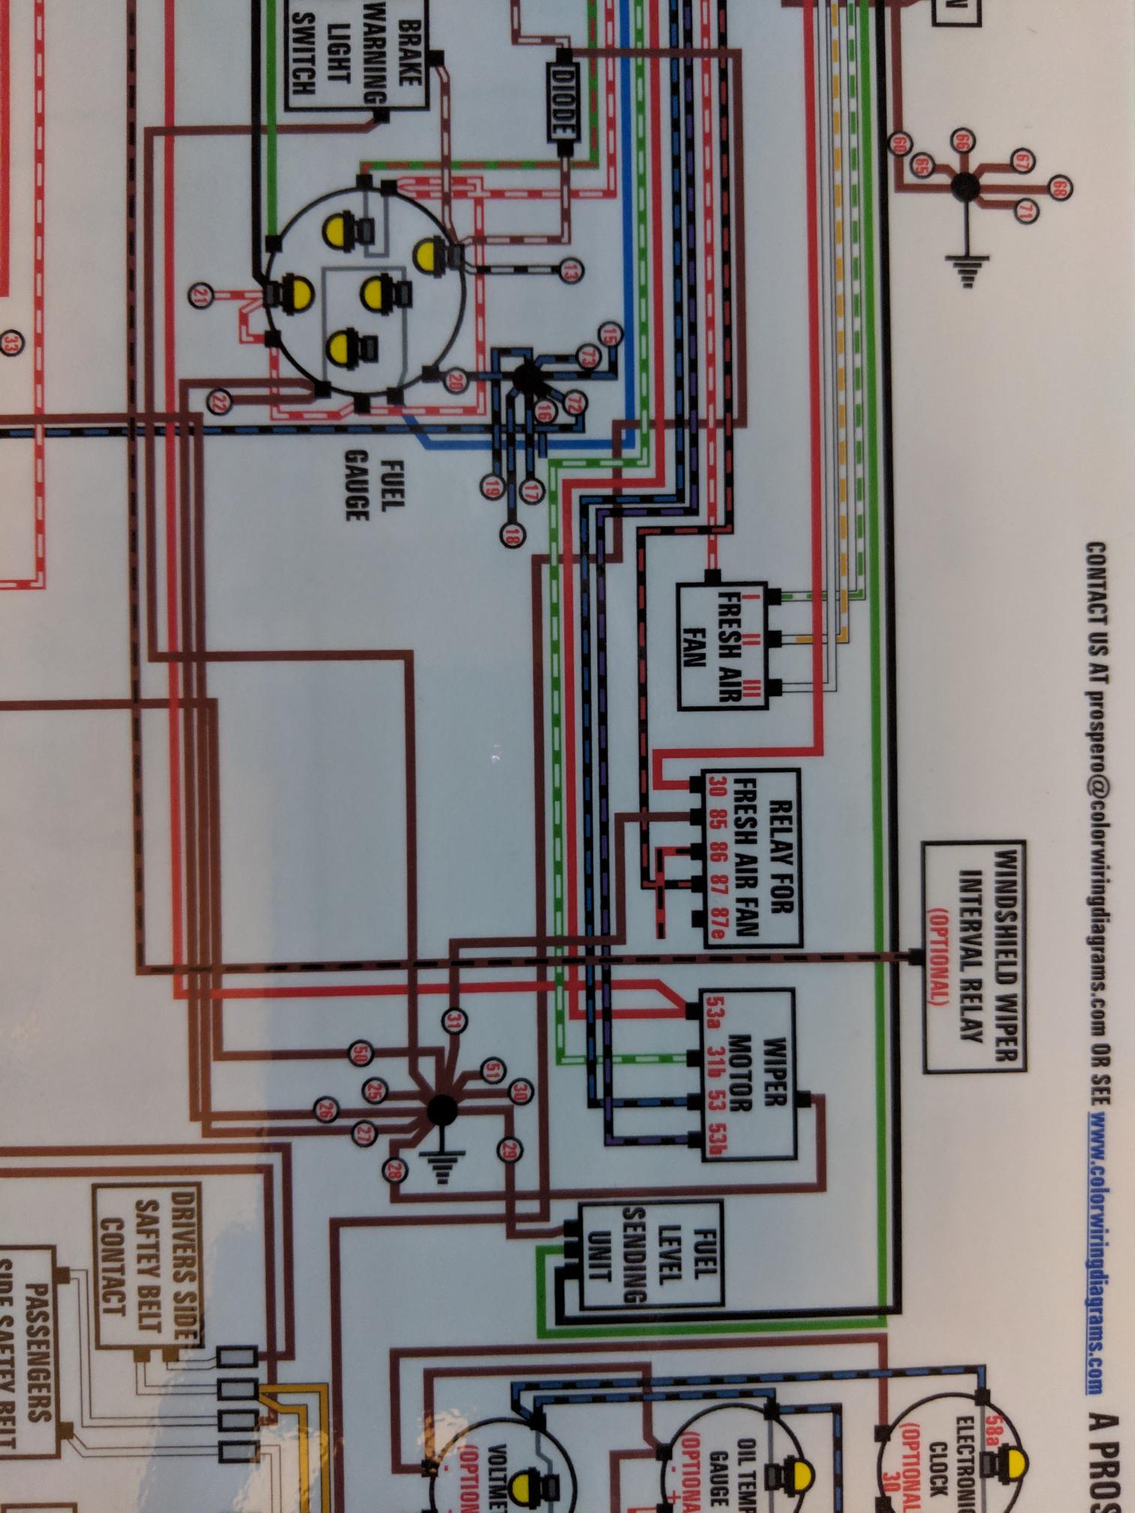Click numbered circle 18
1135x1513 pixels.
click(x=513, y=535)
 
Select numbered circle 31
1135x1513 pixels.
click(x=454, y=1020)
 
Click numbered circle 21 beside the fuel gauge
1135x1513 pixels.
click(x=200, y=296)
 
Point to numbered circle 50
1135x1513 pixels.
click(x=361, y=1054)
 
